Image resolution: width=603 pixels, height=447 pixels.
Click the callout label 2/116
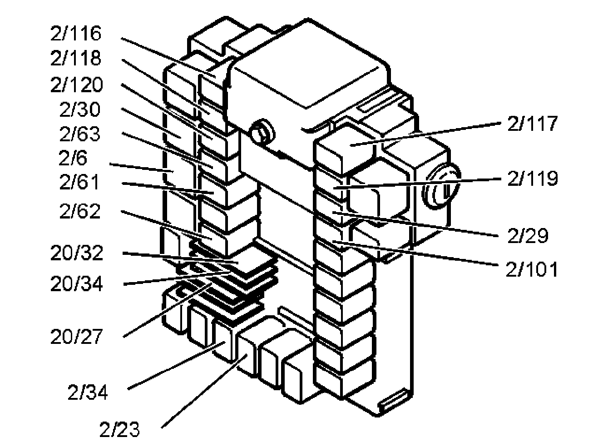tap(76, 34)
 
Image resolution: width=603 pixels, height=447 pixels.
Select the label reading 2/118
tap(76, 59)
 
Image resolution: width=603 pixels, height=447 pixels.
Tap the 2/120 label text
tap(77, 85)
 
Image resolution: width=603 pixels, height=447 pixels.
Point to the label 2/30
tap(80, 109)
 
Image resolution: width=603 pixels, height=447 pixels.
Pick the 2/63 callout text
tap(80, 134)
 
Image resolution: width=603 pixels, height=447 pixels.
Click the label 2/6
tap(73, 158)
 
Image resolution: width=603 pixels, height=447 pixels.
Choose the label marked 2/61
tap(80, 183)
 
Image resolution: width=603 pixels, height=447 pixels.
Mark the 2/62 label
tap(80, 211)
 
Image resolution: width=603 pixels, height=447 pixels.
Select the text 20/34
tap(77, 284)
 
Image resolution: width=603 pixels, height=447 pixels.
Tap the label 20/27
tap(77, 337)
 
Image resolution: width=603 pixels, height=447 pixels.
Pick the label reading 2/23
tap(120, 429)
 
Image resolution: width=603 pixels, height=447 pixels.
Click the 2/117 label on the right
tap(532, 124)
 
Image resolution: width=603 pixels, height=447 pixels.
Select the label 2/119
tap(532, 179)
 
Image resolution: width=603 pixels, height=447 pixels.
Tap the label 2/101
tap(531, 269)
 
